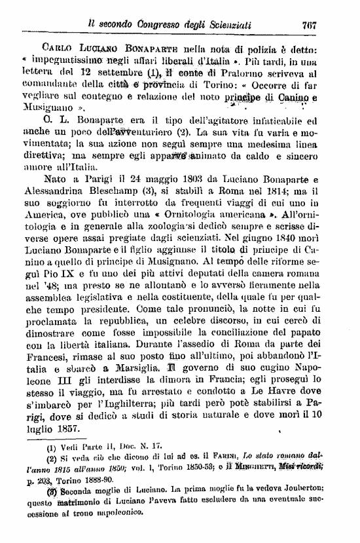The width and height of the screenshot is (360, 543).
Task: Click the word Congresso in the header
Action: tap(164, 26)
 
